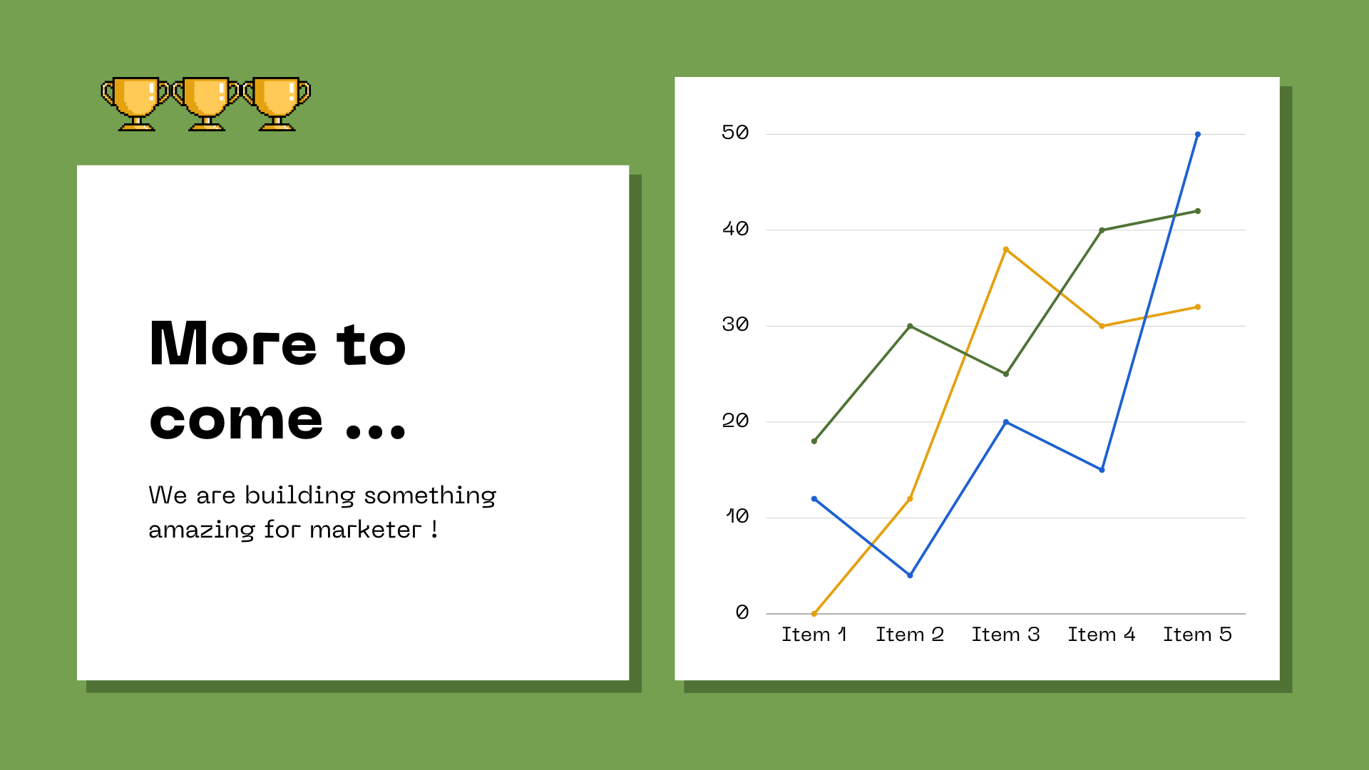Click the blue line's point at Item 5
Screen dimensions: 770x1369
1197,134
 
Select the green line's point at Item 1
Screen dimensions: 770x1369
814,441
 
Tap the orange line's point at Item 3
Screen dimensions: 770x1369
1006,250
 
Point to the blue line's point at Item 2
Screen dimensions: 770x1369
910,575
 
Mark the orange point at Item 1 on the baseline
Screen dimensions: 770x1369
814,613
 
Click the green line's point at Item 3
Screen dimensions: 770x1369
1006,374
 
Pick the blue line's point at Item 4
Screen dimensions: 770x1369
1102,470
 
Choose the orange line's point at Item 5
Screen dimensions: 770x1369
1197,307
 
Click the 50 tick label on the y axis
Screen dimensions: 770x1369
735,133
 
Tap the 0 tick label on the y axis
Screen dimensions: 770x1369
742,612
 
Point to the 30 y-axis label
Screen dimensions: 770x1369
735,324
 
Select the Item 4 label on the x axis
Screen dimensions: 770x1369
1101,635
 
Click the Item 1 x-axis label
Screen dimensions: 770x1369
814,635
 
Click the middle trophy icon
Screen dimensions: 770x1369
207,103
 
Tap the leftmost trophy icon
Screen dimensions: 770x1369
136,103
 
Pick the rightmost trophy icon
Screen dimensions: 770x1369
277,103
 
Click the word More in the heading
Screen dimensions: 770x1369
232,344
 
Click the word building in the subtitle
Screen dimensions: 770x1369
299,496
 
